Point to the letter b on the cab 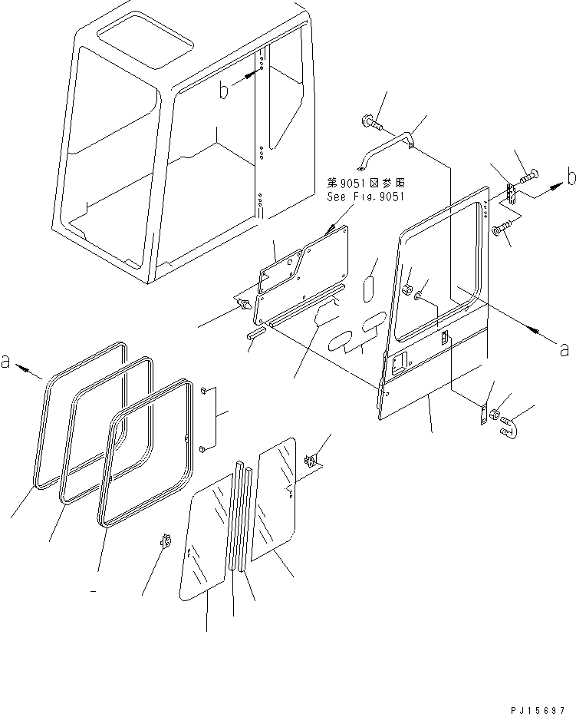point(224,91)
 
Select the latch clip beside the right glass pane point(311,462)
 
